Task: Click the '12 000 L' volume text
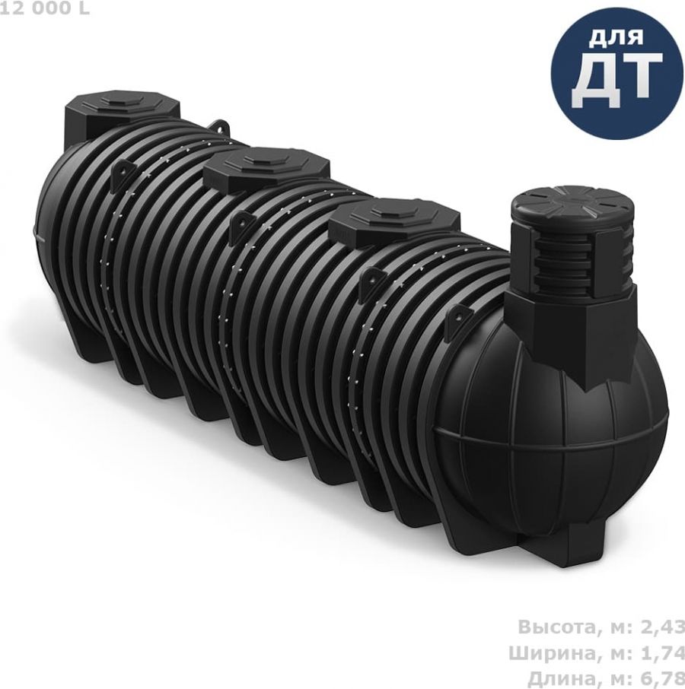[x=45, y=8]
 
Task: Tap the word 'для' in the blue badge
[x=616, y=37]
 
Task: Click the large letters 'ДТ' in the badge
[x=616, y=79]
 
